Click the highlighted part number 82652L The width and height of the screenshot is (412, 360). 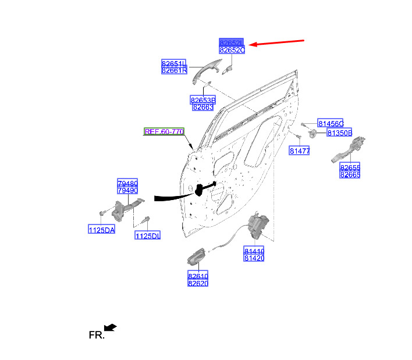click(x=232, y=42)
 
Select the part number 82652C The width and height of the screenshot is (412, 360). click(x=232, y=51)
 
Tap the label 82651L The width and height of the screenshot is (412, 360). click(x=174, y=63)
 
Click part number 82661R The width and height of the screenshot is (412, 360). click(x=174, y=70)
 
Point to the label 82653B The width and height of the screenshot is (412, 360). click(x=203, y=100)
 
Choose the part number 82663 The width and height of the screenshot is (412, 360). click(x=203, y=107)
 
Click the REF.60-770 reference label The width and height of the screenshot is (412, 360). click(x=164, y=132)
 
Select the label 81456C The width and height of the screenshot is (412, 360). click(x=331, y=123)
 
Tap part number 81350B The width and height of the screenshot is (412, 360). click(x=339, y=133)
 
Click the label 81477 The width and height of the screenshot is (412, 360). click(x=300, y=151)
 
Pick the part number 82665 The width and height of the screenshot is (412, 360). click(x=350, y=174)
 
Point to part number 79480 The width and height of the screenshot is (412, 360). click(x=127, y=183)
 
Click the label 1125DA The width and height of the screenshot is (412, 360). click(x=102, y=230)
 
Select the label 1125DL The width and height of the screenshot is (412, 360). click(x=147, y=236)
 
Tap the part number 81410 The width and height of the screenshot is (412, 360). click(x=254, y=250)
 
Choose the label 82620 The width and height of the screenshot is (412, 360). click(x=198, y=283)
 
